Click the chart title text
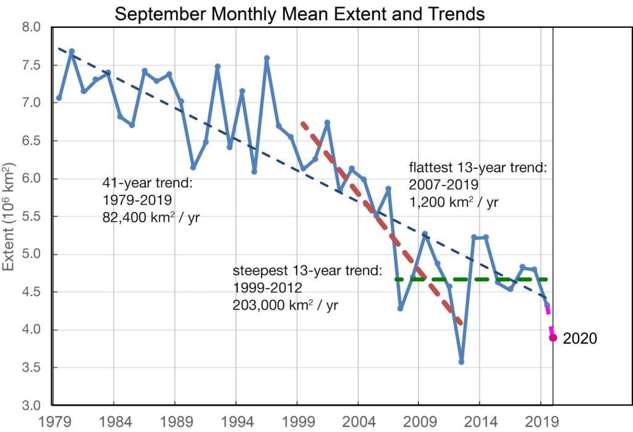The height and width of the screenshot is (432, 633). [x=299, y=13]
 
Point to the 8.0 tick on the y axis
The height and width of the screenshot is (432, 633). [x=30, y=28]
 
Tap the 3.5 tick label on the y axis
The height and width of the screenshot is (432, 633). [x=30, y=368]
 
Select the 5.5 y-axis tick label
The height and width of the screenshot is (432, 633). [x=30, y=217]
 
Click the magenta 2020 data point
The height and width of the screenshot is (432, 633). [x=553, y=337]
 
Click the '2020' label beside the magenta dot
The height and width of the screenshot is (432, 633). [x=580, y=338]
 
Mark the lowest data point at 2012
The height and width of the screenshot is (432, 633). [x=461, y=362]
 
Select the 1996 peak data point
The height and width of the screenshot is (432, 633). [x=266, y=58]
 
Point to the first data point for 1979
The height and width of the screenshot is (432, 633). [x=59, y=98]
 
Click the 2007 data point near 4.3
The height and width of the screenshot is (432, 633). [x=400, y=308]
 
